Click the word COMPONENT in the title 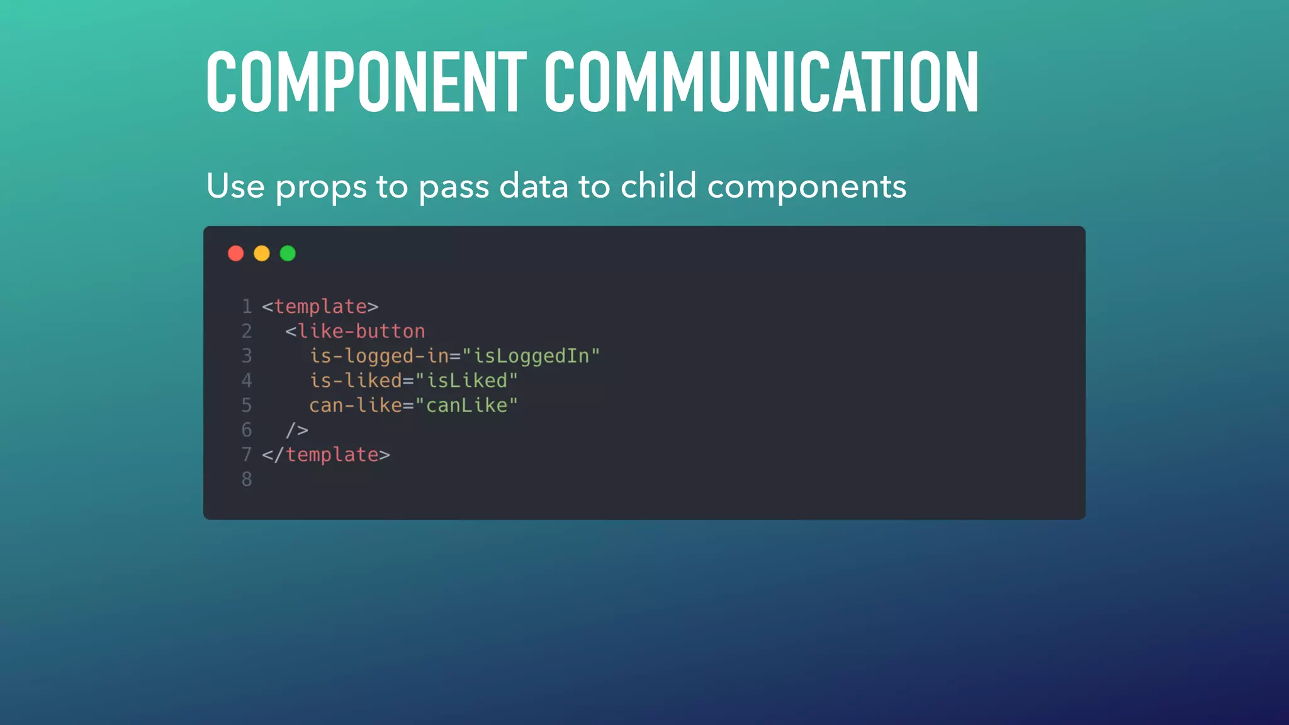pos(366,82)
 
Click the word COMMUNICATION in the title pos(762,82)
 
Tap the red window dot pos(236,254)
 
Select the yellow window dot pos(262,254)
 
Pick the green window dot pos(288,254)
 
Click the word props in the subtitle pos(321,188)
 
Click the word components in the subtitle pos(806,188)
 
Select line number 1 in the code pos(247,306)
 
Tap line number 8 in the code pos(247,480)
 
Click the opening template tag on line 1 pos(320,306)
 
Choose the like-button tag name pos(361,331)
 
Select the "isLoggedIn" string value pos(531,356)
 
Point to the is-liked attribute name pos(356,381)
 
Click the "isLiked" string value pos(466,381)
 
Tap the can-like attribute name pos(356,405)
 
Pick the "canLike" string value pos(466,405)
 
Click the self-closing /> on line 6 pos(297,430)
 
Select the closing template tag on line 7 pos(326,455)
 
